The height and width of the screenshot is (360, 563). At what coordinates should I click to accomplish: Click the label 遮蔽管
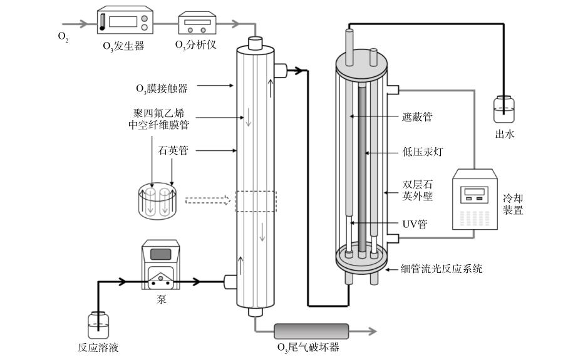(416, 116)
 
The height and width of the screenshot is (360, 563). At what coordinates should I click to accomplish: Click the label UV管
(413, 224)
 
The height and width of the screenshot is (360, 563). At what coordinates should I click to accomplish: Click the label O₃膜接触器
(162, 88)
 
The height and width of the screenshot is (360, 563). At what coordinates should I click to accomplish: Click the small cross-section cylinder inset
(158, 200)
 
